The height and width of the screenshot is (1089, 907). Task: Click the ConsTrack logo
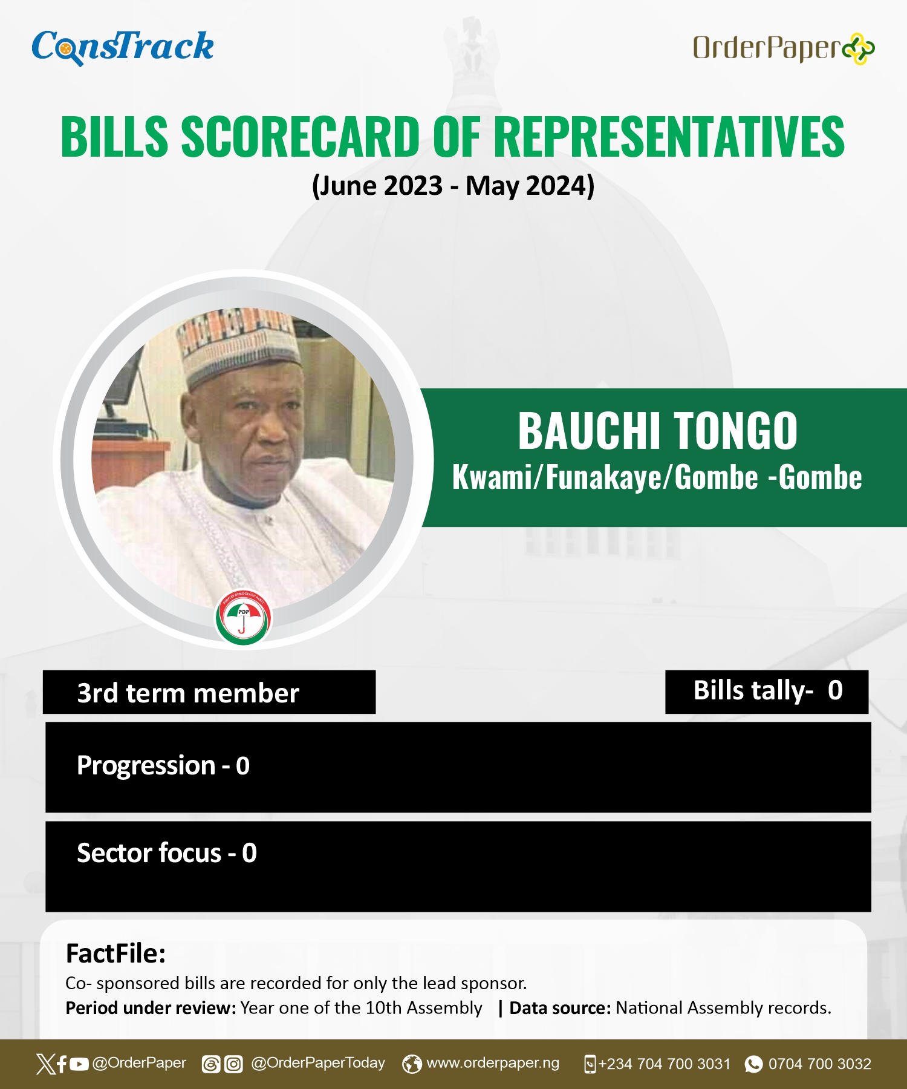coord(123,47)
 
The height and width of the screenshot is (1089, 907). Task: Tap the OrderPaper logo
coord(784,48)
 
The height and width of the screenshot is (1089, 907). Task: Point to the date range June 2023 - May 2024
coord(453,186)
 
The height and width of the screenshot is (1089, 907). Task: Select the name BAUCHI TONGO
coord(658,431)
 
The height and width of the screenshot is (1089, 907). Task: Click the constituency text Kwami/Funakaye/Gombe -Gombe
coord(657,477)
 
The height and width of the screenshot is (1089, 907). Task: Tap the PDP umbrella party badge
coord(244,617)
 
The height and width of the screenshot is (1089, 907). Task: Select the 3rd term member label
coord(188,693)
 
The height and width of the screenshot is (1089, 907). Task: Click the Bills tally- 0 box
coord(767,692)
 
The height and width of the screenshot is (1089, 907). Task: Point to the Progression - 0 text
coord(163,766)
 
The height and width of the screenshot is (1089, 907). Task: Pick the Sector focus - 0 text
coord(167,853)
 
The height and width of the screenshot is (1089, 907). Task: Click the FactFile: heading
coord(115,953)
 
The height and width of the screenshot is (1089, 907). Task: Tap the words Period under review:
coord(151,1008)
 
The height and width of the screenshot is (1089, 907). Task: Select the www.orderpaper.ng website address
coord(493,1063)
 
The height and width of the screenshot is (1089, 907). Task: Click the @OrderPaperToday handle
coord(318,1063)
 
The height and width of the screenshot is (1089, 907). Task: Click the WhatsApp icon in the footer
coord(753,1064)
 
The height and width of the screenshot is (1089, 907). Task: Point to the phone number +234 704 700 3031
coord(664,1064)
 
